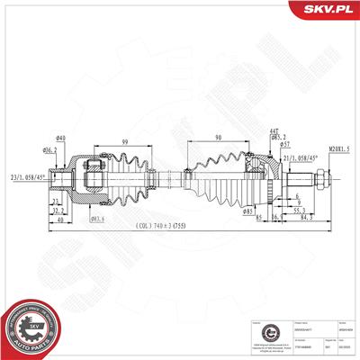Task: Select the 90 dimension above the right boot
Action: (218, 137)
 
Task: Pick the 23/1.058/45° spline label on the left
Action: (26, 177)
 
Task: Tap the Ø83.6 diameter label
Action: (99, 220)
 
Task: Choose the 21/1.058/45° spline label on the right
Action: (298, 158)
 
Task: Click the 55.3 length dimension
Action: (297, 209)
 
